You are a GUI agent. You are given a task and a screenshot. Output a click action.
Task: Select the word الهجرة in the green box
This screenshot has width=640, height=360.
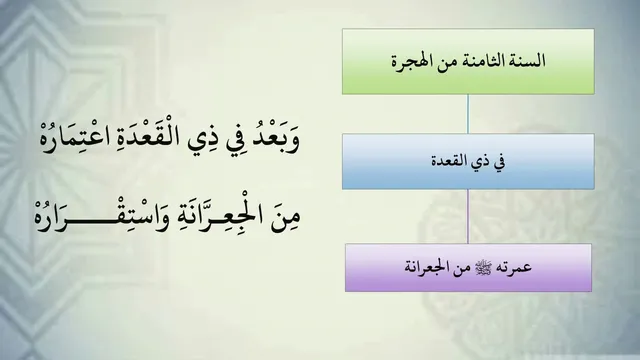tap(409, 62)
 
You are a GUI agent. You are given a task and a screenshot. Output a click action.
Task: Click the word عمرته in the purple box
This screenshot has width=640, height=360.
tap(515, 267)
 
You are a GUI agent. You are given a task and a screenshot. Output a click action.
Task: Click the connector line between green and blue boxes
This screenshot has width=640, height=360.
tap(468, 114)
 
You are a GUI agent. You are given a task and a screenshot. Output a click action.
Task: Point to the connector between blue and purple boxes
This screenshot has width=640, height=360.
tap(468, 217)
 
